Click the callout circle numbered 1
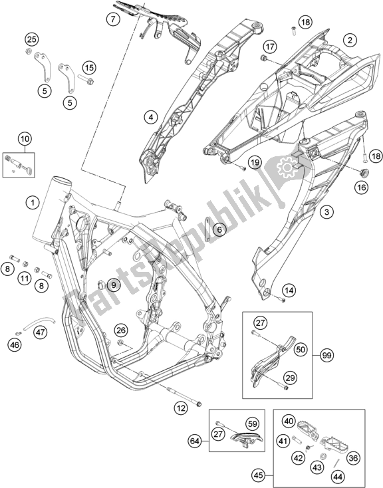[x=31, y=201]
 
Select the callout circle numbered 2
[x=348, y=41]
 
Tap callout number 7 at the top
[x=114, y=19]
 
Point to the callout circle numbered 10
[x=25, y=139]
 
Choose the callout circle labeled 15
[x=89, y=67]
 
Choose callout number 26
[x=120, y=329]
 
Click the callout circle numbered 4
[x=151, y=118]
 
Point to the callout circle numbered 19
[x=254, y=163]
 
